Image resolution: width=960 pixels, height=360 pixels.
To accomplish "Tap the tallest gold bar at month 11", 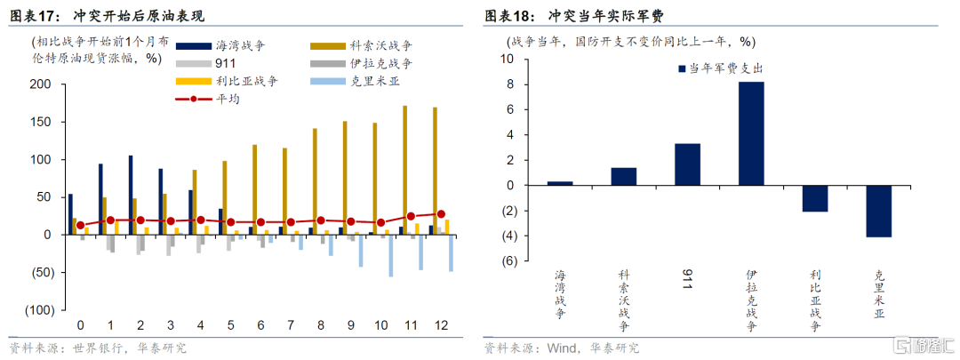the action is (422, 170).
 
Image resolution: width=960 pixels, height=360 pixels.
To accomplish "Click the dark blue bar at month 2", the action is (131, 196).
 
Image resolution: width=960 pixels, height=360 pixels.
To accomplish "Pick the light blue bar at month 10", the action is (390, 256).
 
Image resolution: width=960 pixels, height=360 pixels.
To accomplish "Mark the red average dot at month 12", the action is (441, 214).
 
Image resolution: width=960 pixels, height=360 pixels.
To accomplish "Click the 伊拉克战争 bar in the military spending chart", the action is (751, 133).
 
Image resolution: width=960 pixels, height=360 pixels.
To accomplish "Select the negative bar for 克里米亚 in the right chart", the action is (878, 212).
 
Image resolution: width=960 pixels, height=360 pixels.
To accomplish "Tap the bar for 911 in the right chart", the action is (687, 164).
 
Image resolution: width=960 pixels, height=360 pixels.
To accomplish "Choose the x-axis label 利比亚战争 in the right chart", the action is (815, 300).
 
